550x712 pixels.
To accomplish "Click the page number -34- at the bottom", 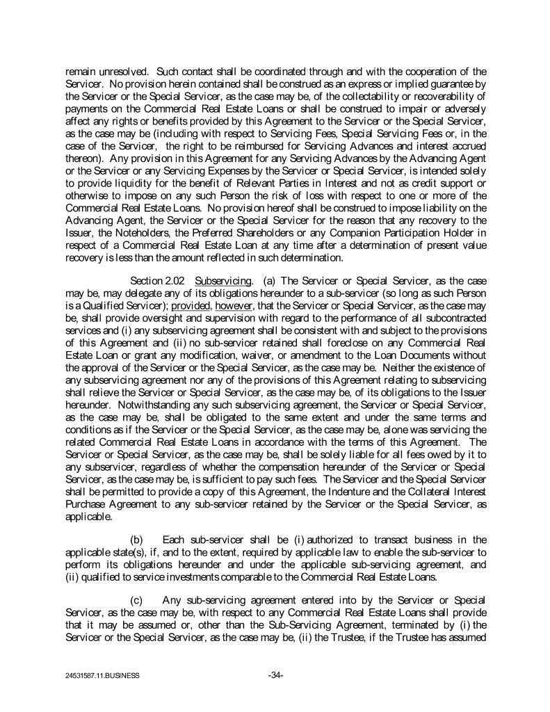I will coord(275,674).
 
